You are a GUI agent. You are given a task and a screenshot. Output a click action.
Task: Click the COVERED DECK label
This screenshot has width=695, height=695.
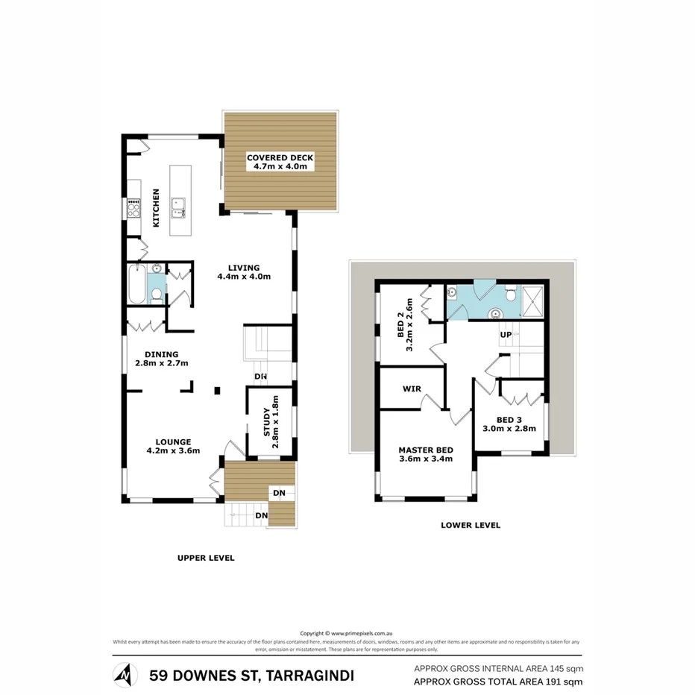(x=280, y=162)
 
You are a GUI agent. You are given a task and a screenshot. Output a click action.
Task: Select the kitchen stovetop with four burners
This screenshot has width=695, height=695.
(x=134, y=207)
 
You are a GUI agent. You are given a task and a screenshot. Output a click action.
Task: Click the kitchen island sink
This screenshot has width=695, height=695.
(x=178, y=207)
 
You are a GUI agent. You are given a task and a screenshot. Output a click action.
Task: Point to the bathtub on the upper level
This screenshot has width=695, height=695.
(x=136, y=284)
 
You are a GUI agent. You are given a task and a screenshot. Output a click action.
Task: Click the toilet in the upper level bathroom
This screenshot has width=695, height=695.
(x=156, y=295)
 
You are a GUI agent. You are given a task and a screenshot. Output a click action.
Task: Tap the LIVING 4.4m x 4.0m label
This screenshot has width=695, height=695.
(x=243, y=272)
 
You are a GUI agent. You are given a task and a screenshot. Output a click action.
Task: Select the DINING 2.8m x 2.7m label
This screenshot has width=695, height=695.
(x=161, y=359)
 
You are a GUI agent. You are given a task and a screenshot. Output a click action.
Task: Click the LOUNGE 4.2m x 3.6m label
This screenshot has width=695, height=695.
(x=169, y=445)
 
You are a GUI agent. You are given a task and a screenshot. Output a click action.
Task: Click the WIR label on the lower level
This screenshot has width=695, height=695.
(x=412, y=389)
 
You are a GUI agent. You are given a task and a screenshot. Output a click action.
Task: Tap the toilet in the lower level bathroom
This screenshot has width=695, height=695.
(x=509, y=295)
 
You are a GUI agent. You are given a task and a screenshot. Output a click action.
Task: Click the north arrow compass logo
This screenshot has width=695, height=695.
(x=125, y=675)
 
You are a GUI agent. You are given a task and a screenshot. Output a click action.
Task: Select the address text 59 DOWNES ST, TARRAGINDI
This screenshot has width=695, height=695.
(x=252, y=676)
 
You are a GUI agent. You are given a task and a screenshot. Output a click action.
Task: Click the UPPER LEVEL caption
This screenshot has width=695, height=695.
(x=205, y=558)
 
